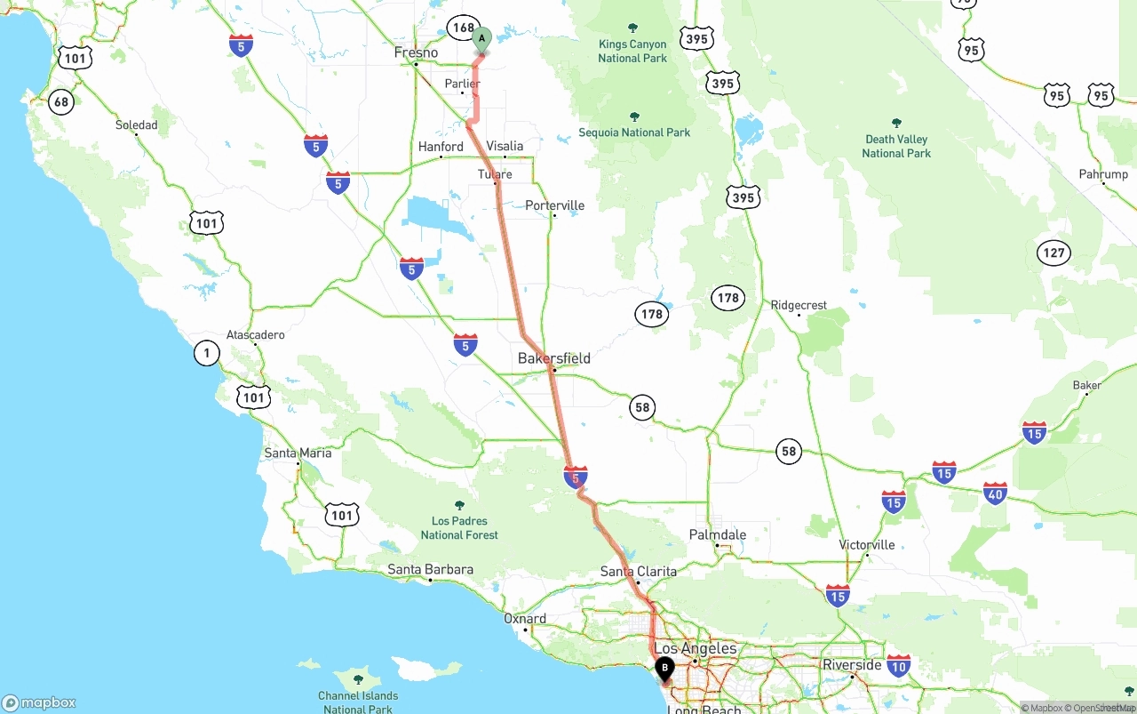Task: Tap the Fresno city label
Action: coord(416,52)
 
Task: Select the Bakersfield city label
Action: coord(554,358)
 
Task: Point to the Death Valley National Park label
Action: coord(896,146)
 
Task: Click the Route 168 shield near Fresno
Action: coord(463,28)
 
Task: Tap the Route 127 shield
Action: coord(1054,253)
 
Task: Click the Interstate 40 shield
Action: coord(995,493)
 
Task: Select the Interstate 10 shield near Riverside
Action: coord(899,665)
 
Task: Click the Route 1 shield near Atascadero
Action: coord(206,354)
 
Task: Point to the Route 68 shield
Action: coord(60,101)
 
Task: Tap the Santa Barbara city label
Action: coord(430,569)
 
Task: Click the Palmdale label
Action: coord(718,535)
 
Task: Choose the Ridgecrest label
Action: coord(799,305)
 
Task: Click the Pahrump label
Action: coord(1103,174)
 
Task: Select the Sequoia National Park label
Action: coord(634,132)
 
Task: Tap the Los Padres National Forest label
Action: coord(459,527)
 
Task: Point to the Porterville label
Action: coord(554,205)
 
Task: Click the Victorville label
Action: coord(867,544)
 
